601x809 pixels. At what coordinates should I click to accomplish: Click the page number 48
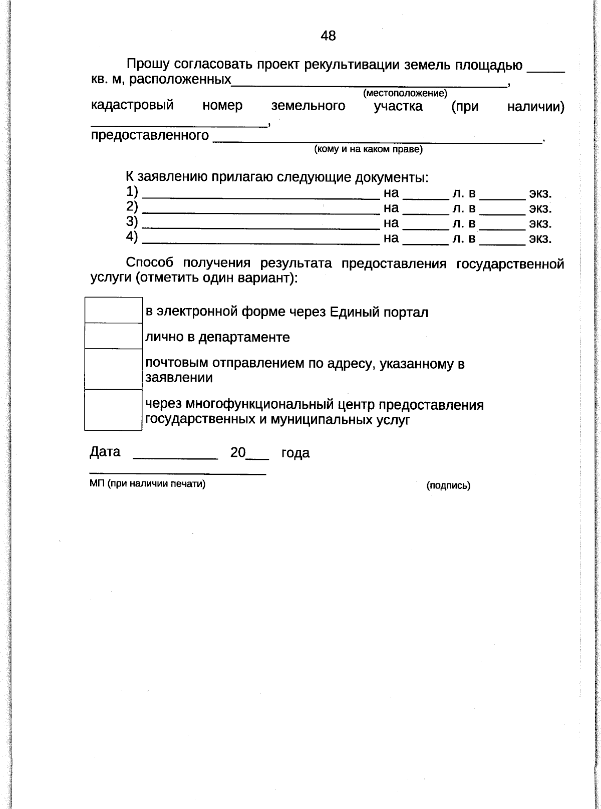(x=328, y=36)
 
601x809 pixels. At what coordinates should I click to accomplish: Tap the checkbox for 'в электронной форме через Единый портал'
(x=113, y=311)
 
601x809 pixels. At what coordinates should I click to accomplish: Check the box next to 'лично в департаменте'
(x=113, y=336)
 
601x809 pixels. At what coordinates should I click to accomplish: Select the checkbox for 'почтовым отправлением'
(x=113, y=369)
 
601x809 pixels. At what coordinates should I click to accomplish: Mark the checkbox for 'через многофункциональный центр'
(x=113, y=410)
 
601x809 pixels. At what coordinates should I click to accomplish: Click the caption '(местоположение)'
(x=405, y=93)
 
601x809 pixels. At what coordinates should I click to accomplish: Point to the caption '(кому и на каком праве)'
(x=368, y=149)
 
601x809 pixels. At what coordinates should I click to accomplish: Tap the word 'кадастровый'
(x=132, y=106)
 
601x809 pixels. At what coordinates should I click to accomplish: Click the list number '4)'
(x=132, y=237)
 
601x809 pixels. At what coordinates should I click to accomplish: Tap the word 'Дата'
(x=105, y=452)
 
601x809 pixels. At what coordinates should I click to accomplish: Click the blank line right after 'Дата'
(x=175, y=455)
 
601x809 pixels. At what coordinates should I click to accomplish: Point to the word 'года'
(x=295, y=453)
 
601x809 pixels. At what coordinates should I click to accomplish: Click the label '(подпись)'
(x=448, y=485)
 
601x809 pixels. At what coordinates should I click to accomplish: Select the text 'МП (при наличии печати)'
(x=148, y=484)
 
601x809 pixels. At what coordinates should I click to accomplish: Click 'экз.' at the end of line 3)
(x=540, y=223)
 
